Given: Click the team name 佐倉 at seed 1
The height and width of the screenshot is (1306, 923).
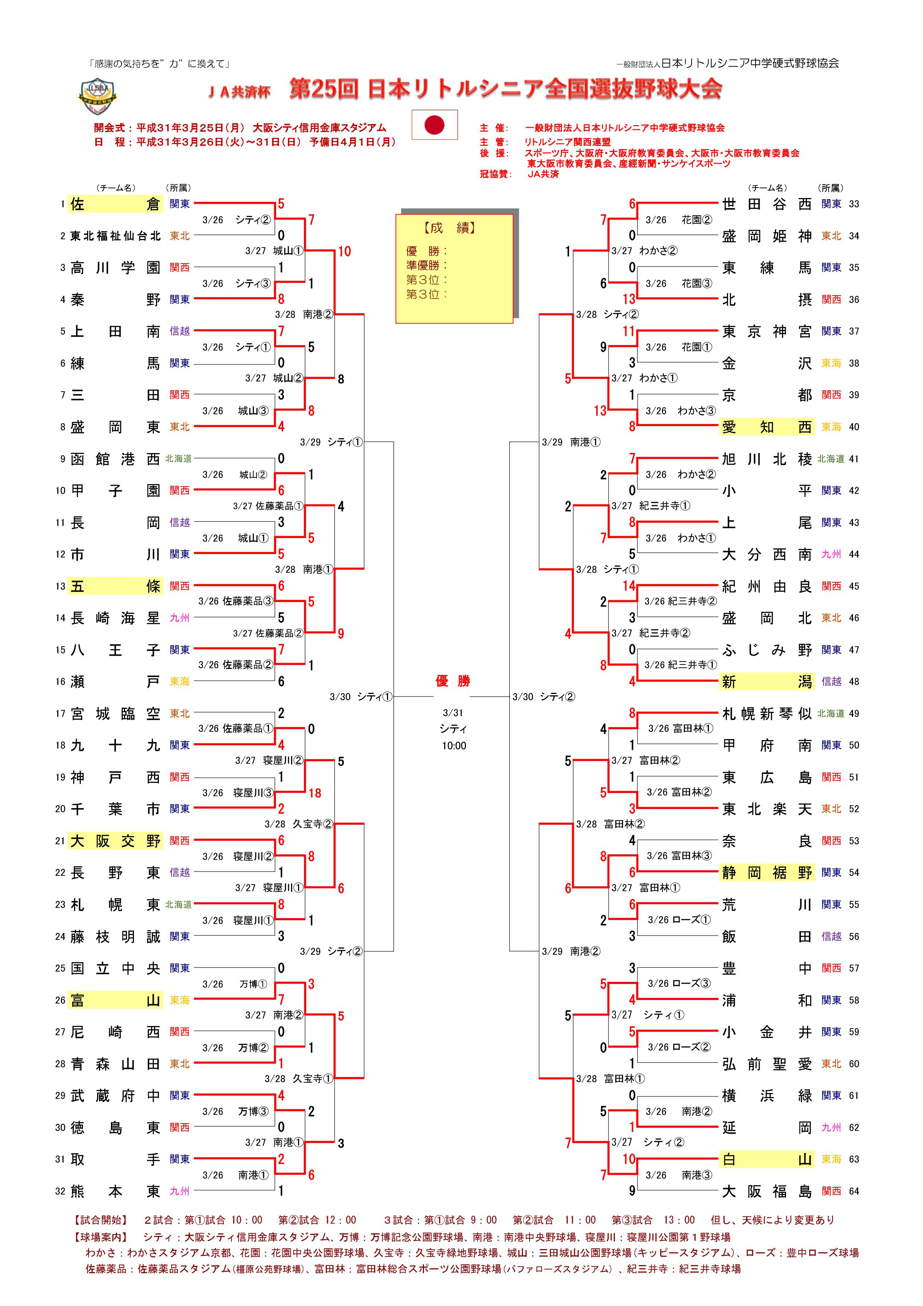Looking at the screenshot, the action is (x=115, y=204).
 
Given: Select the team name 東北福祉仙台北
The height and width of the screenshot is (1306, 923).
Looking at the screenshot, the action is (x=115, y=236).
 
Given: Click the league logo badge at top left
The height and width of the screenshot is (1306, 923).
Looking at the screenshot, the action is (x=97, y=97).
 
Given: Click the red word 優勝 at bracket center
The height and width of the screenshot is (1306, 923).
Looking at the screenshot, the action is (x=453, y=681).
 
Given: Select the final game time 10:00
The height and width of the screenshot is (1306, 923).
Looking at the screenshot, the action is (x=454, y=746).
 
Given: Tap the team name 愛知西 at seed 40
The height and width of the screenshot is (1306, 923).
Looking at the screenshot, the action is (x=767, y=427).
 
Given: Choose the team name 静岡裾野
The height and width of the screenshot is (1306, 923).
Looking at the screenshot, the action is (x=767, y=873).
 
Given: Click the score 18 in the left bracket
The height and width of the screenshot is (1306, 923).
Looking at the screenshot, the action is (x=314, y=793).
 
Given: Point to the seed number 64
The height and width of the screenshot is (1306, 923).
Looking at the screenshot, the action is (x=854, y=1191).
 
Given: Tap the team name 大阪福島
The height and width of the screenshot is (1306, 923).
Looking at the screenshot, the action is (x=767, y=1191).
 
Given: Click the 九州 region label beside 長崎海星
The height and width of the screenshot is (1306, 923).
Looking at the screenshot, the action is (x=180, y=618).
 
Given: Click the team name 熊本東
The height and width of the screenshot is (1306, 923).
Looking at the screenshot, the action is (x=115, y=1191).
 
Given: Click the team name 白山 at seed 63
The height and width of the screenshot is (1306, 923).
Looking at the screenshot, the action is (x=767, y=1159).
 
